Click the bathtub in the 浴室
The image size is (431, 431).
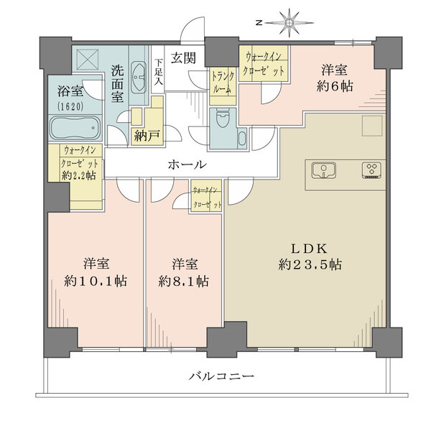click(x=76, y=128)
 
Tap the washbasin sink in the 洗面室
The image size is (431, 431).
click(x=139, y=78)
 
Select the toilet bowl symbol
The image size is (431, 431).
click(x=223, y=118)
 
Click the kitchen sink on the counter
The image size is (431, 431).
click(x=324, y=171)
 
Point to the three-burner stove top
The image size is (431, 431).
click(x=371, y=170)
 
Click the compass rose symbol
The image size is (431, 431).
click(x=289, y=23)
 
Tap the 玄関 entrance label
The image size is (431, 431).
click(x=183, y=58)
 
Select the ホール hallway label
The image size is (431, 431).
click(x=187, y=164)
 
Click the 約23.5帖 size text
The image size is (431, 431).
click(x=310, y=265)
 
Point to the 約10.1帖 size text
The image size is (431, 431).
click(x=96, y=281)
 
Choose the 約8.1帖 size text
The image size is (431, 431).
click(x=183, y=281)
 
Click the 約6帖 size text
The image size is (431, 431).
click(x=335, y=87)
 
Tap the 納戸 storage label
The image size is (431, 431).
click(x=147, y=136)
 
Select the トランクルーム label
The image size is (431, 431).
click(x=223, y=82)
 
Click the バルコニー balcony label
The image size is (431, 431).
click(x=221, y=376)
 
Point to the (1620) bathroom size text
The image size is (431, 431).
click(x=70, y=106)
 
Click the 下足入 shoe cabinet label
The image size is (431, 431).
click(x=158, y=72)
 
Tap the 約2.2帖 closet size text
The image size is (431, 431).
click(x=78, y=175)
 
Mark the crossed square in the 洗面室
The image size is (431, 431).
click(x=88, y=60)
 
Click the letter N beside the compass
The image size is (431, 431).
click(x=259, y=24)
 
